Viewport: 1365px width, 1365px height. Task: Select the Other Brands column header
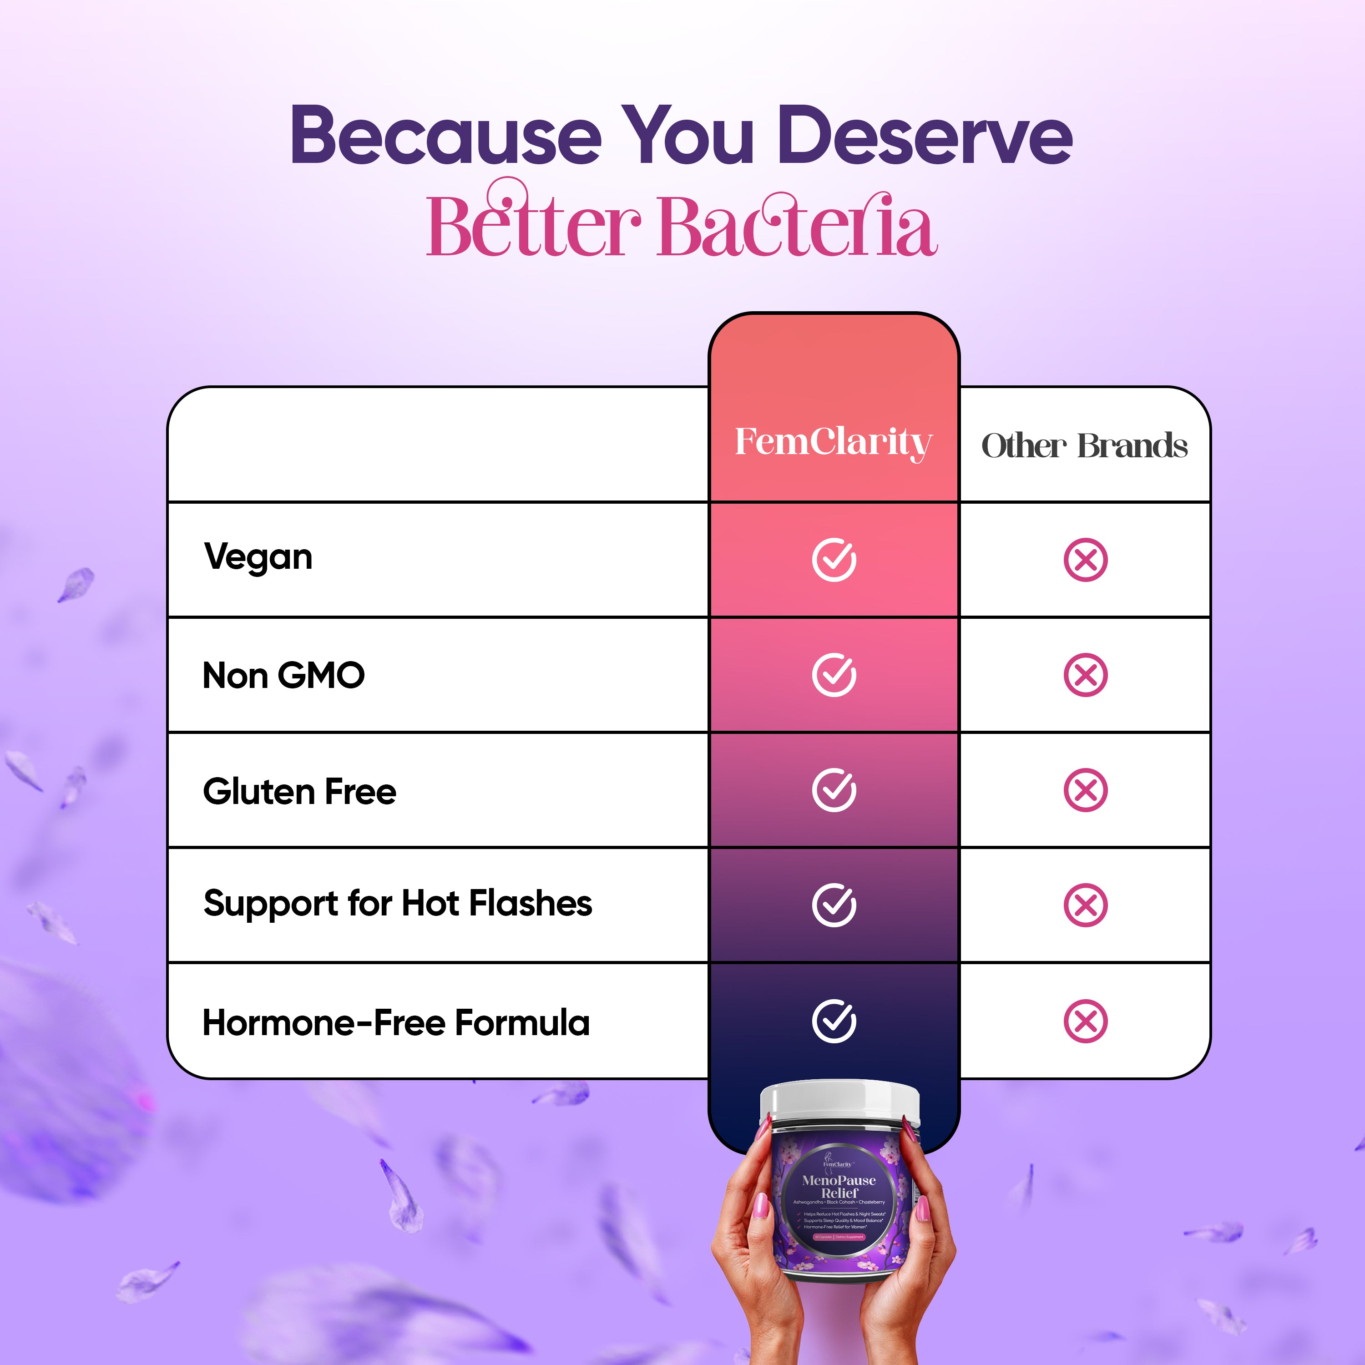point(1085,446)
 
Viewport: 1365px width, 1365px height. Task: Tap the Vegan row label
point(258,557)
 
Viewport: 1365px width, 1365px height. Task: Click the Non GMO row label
point(283,675)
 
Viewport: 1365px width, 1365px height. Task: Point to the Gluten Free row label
point(299,791)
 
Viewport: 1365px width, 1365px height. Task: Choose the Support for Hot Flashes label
point(398,904)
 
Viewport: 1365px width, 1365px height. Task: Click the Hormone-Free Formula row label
point(396,1022)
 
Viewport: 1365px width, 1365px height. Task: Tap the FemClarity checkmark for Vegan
point(834,560)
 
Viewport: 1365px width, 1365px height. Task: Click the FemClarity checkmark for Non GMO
point(834,675)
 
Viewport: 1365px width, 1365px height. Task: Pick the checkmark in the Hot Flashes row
point(834,905)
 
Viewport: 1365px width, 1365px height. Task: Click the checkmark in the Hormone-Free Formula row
point(834,1021)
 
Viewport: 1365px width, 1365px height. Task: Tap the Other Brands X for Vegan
point(1085,560)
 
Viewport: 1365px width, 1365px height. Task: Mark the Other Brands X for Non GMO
point(1085,675)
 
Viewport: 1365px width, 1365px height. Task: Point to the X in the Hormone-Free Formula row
point(1085,1021)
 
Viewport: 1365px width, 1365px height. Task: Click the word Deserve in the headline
point(925,135)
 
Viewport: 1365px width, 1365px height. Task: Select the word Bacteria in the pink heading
point(797,227)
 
